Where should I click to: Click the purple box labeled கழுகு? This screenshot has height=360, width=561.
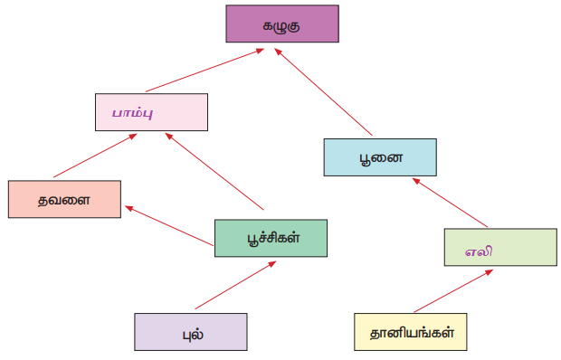coord(282,24)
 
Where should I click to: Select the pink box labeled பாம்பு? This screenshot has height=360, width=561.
coord(151,112)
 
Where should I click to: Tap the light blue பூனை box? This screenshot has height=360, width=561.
coord(380,157)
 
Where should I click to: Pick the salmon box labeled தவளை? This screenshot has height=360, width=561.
coord(64,199)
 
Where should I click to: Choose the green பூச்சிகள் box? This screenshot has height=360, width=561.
coord(271,238)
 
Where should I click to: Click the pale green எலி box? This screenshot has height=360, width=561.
coord(500,248)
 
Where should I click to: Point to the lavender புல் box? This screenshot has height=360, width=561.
coord(191,332)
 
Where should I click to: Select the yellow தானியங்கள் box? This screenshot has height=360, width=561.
coord(411,332)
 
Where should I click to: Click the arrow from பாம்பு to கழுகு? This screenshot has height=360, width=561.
coord(204,71)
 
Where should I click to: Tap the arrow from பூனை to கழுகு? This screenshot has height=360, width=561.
coord(323,92)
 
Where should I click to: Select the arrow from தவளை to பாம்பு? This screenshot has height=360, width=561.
coord(95,156)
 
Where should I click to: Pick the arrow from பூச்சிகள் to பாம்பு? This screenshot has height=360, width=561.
coord(214,171)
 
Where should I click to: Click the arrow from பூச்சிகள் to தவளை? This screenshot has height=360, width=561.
coord(169,226)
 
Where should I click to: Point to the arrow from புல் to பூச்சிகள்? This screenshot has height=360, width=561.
coord(236,285)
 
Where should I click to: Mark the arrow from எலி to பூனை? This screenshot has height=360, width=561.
coord(450,203)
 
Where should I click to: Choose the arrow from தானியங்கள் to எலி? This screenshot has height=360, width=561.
coord(453,291)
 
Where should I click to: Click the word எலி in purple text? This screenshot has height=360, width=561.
coord(479,251)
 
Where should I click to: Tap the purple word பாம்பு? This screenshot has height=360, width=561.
coord(133,114)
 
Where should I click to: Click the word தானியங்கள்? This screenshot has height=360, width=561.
coord(413,333)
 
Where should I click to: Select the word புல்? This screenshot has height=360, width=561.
coord(194,335)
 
